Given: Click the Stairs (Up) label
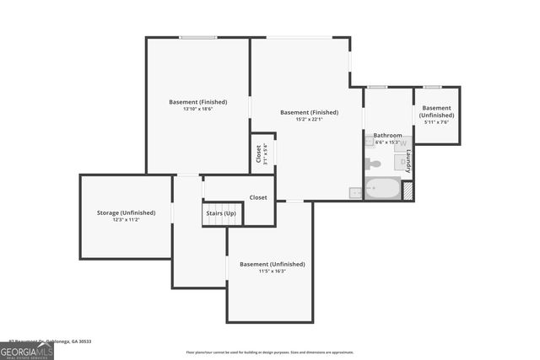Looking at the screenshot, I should pyautogui.click(x=220, y=213).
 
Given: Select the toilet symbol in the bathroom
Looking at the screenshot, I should pyautogui.click(x=373, y=164).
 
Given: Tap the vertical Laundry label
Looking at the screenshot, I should pyautogui.click(x=408, y=157).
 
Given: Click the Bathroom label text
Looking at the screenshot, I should pyautogui.click(x=387, y=135).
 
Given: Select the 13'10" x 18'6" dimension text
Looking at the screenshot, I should pyautogui.click(x=197, y=109).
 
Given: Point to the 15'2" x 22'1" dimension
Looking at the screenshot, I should pyautogui.click(x=309, y=119).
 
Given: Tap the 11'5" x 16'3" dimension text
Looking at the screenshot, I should pyautogui.click(x=272, y=271).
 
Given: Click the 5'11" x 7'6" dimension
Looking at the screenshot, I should pyautogui.click(x=436, y=121).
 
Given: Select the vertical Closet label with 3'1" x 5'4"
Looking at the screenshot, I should pyautogui.click(x=261, y=154).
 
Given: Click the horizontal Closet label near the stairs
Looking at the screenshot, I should pyautogui.click(x=258, y=197).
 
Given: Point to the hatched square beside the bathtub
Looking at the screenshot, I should pyautogui.click(x=408, y=191).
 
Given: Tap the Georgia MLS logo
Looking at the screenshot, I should pyautogui.click(x=27, y=350).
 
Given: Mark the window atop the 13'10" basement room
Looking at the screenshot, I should pyautogui.click(x=197, y=37).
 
